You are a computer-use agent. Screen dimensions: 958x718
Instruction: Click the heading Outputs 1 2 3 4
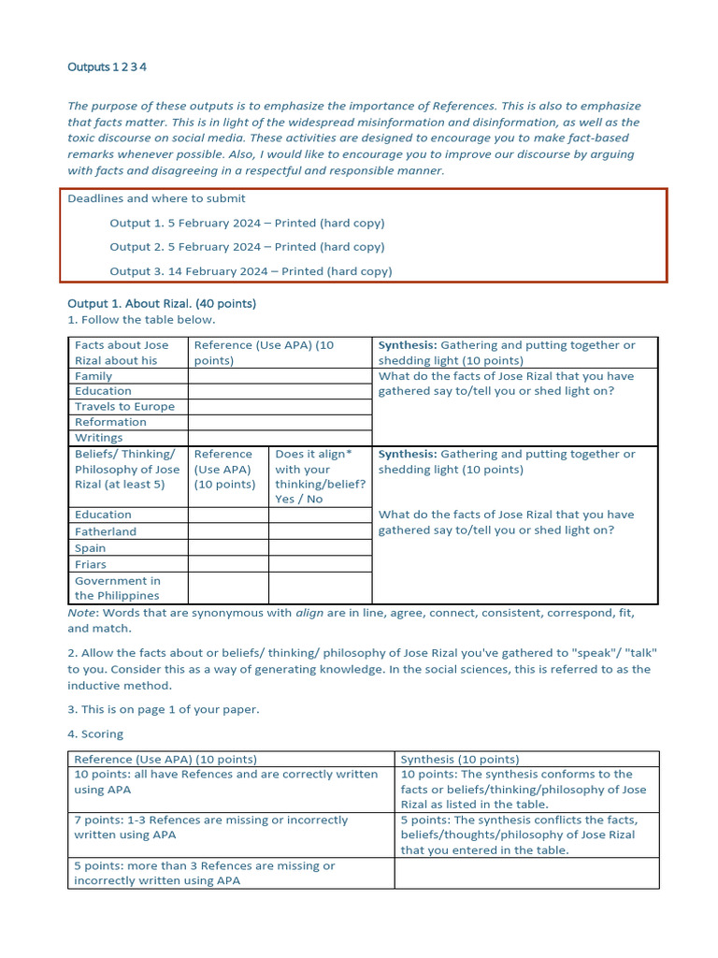[107, 67]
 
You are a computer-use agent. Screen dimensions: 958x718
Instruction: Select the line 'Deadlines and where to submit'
[156, 198]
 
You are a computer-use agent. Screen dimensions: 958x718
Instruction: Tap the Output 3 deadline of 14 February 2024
[251, 271]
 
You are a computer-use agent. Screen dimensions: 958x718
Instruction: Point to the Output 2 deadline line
[247, 247]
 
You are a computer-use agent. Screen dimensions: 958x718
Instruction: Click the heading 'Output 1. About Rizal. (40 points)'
[162, 304]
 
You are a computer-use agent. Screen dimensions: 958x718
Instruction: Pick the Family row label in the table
[93, 376]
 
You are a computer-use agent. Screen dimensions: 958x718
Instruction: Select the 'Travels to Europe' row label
[124, 407]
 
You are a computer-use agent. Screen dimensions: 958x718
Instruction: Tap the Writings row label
[98, 438]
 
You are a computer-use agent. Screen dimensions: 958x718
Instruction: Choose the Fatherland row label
[106, 531]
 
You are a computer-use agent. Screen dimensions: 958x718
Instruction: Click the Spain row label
[91, 548]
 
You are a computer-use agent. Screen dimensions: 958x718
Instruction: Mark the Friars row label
[91, 564]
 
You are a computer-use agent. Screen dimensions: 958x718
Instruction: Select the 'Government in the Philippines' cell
[118, 588]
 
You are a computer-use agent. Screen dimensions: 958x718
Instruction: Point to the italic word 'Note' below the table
[81, 613]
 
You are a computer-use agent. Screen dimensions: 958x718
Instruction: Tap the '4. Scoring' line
[95, 734]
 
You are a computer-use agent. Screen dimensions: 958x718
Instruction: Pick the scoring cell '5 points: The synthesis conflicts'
[519, 835]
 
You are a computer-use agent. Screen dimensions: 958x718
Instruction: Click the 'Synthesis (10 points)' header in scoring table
[460, 759]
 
